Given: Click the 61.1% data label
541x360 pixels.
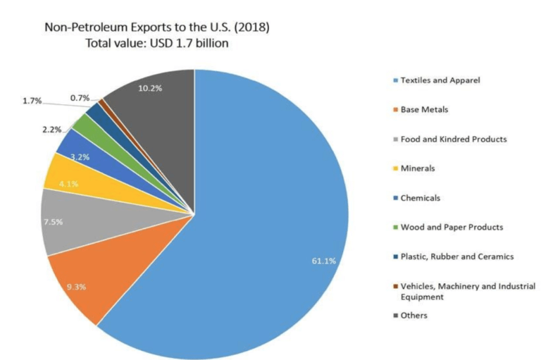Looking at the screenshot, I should click(323, 261).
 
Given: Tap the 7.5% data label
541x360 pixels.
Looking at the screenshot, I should click(54, 221).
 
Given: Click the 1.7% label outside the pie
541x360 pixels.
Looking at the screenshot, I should click(32, 101).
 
